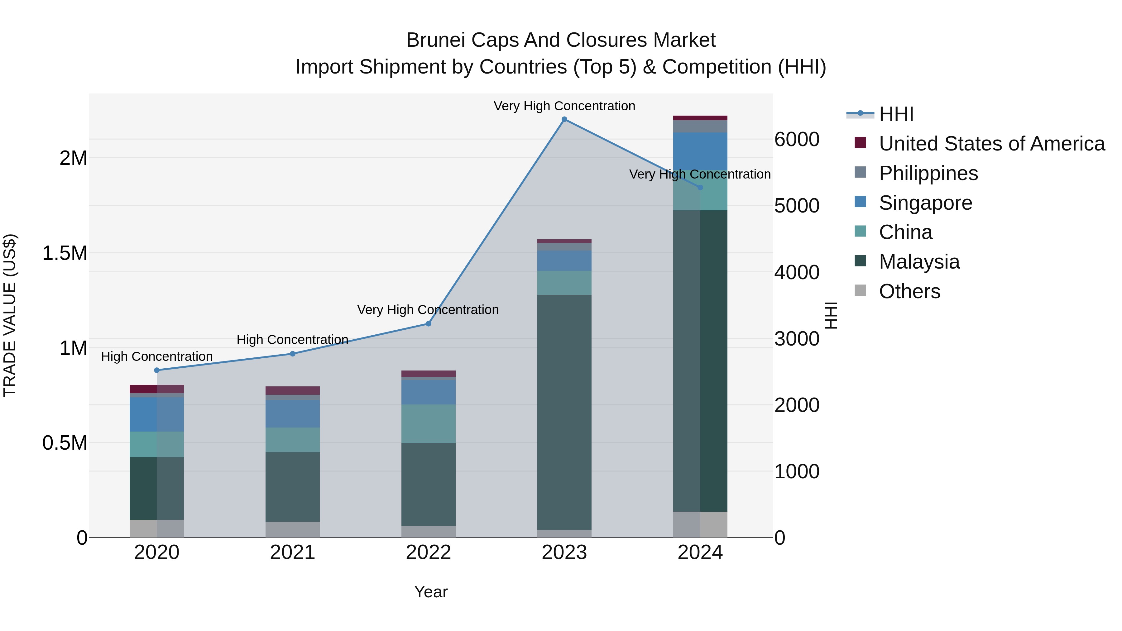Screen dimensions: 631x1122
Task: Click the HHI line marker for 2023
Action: [x=564, y=119]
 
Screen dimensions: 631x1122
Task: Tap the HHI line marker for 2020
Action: [x=157, y=370]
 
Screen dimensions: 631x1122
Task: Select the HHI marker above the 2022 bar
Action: [x=428, y=323]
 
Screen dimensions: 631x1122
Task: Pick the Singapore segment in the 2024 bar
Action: [x=700, y=151]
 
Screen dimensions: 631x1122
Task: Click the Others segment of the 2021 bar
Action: [x=292, y=529]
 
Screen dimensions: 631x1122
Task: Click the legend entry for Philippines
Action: [x=928, y=173]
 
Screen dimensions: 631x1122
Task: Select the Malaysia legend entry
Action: [x=919, y=262]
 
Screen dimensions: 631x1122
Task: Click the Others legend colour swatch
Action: [x=860, y=290]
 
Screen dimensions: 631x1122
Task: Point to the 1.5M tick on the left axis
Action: [x=65, y=253]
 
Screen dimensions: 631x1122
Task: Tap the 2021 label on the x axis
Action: [x=292, y=552]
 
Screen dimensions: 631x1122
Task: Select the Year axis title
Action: [x=431, y=592]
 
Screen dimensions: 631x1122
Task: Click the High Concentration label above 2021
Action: [x=292, y=339]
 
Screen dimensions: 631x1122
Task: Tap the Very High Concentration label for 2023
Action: [x=564, y=106]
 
